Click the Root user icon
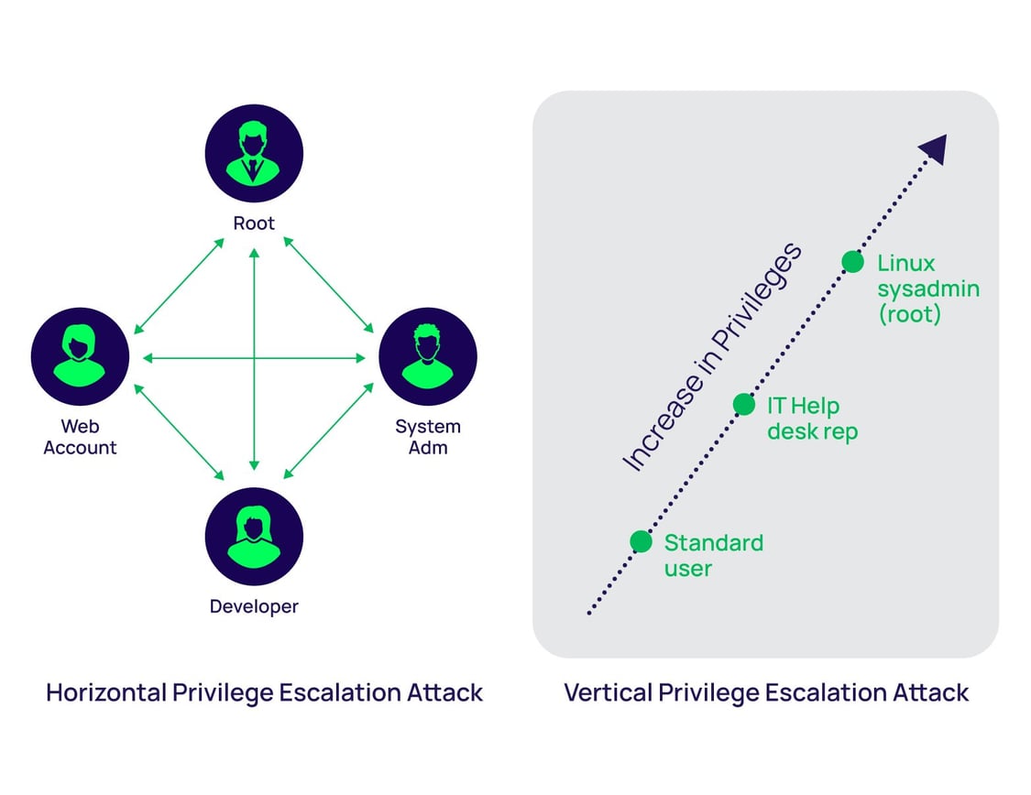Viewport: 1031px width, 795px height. point(254,153)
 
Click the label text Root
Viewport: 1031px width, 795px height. point(254,223)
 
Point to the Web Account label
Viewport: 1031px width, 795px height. point(80,437)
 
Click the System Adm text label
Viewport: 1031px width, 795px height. point(428,437)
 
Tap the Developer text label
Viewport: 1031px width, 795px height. point(254,606)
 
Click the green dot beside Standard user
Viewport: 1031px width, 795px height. point(641,541)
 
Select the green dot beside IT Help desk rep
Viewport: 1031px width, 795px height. point(744,404)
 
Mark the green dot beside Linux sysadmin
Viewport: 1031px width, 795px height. point(852,262)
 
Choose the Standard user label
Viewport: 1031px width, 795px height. point(712,555)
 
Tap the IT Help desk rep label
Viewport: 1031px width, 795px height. point(811,419)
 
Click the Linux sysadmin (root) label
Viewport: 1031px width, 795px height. point(927,289)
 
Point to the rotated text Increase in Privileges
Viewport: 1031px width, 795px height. point(711,357)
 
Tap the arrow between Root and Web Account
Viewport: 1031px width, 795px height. point(180,286)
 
